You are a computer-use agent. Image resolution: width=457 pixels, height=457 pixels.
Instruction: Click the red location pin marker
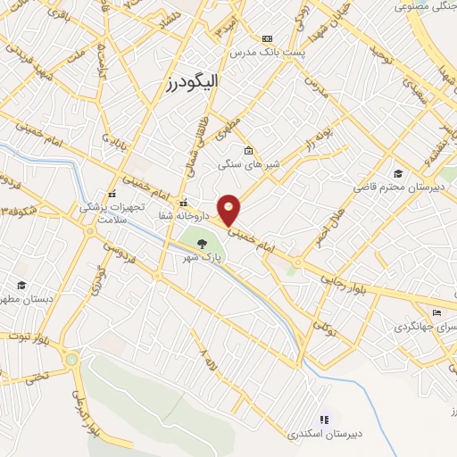(x=230, y=210)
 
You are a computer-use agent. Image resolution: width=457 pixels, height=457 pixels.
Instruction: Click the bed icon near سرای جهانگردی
(x=436, y=312)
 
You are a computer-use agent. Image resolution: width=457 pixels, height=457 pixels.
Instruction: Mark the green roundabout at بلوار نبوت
(x=71, y=359)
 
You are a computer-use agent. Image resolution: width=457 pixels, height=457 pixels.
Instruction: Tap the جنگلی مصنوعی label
(x=420, y=7)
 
